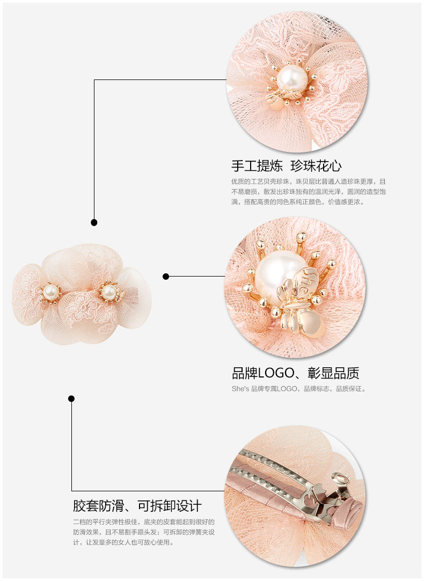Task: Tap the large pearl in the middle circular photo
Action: [279, 270]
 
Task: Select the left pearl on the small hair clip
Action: [50, 292]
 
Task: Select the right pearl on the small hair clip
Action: [109, 292]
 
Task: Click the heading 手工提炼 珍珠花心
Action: [286, 165]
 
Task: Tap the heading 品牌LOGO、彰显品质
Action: [295, 373]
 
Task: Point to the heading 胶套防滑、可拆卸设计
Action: [137, 505]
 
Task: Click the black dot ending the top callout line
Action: [94, 222]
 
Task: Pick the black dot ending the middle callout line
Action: [166, 277]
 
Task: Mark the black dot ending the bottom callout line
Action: [71, 398]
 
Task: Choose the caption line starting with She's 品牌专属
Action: [298, 389]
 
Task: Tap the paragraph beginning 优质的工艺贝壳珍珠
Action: [309, 192]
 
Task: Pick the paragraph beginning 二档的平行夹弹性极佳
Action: [144, 532]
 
